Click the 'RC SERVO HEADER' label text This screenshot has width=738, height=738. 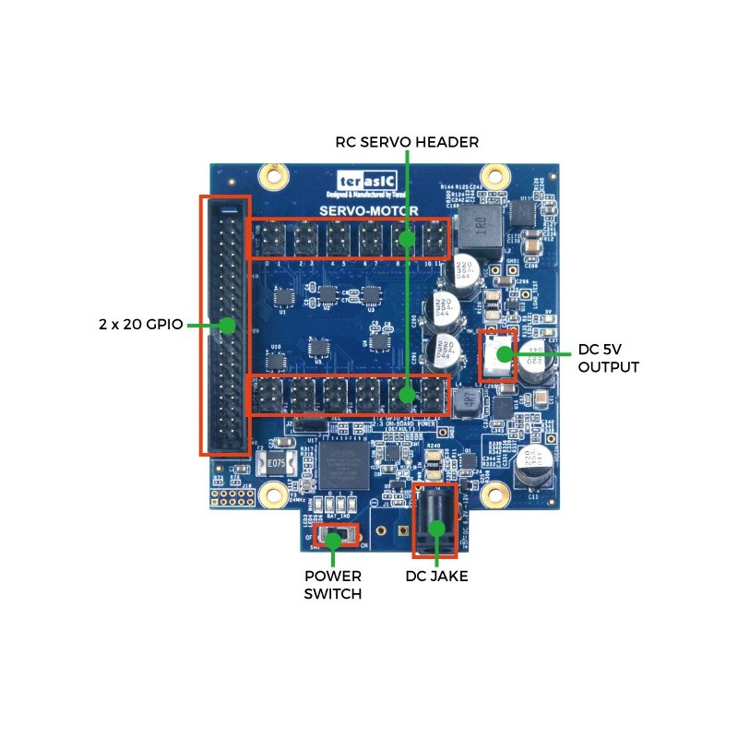pos(407,142)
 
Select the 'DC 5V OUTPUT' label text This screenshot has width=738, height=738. pos(608,359)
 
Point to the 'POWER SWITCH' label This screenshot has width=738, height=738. pos(333,585)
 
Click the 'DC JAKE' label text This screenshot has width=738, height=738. pos(436,577)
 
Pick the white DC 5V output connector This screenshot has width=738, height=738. pos(498,355)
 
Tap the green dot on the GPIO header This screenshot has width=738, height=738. pos(225,325)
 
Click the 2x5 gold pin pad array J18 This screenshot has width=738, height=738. pos(232,499)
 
